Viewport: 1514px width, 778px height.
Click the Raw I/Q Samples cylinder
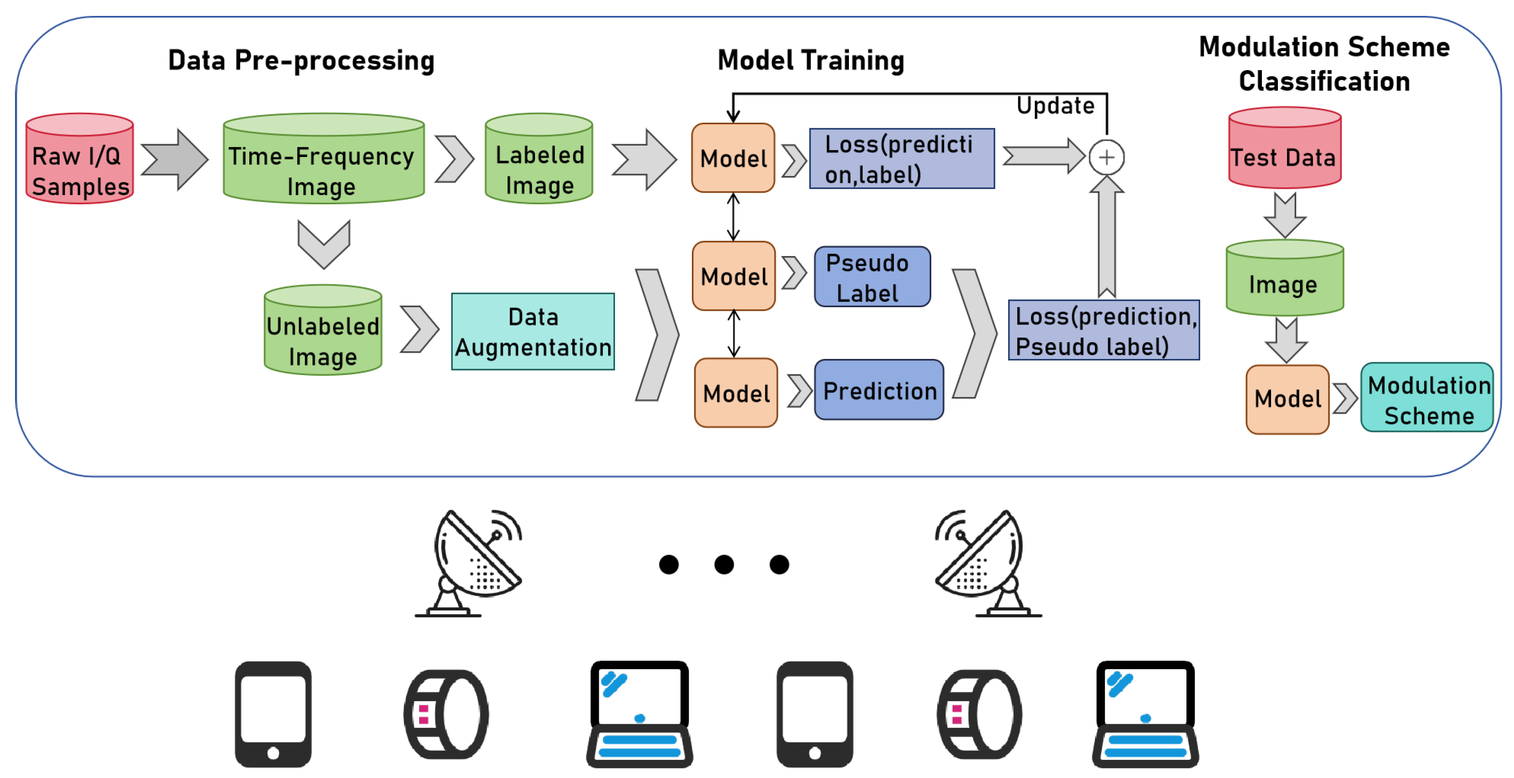[x=80, y=159]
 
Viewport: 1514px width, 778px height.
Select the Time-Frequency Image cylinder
[x=324, y=159]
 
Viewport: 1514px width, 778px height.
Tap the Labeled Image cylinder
[x=539, y=159]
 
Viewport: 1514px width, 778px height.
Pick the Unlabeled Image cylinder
[x=323, y=330]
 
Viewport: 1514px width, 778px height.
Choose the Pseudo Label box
[x=872, y=277]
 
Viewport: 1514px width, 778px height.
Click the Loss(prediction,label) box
[x=902, y=159]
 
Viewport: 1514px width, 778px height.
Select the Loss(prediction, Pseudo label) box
[x=1104, y=330]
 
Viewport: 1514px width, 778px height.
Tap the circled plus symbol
[x=1107, y=157]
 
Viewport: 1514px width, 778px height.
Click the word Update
[x=1055, y=106]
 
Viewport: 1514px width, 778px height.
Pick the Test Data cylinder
[x=1285, y=148]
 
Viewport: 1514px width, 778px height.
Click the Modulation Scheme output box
[x=1427, y=398]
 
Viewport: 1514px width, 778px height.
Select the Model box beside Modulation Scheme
[x=1288, y=399]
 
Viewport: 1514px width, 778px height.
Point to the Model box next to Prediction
[x=736, y=393]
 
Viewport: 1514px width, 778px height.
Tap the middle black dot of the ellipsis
[x=724, y=565]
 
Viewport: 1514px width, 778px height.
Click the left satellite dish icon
[x=469, y=563]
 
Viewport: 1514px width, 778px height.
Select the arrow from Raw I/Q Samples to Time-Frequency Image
[x=175, y=160]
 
